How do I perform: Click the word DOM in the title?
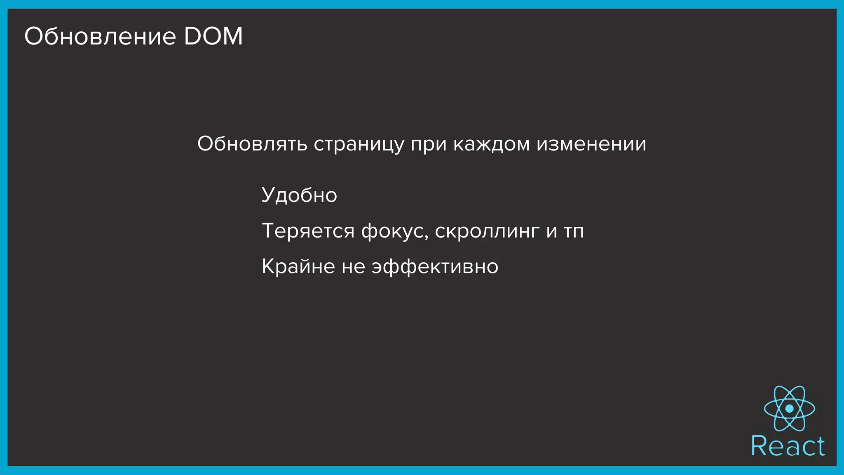click(x=213, y=36)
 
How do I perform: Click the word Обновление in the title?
click(x=100, y=36)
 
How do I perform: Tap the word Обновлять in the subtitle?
click(x=252, y=144)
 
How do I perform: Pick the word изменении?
click(x=591, y=144)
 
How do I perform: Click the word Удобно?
click(x=299, y=195)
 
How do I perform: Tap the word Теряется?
click(x=308, y=231)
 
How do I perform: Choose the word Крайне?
click(x=298, y=266)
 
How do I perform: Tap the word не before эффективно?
click(x=354, y=267)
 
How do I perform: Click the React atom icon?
click(x=789, y=408)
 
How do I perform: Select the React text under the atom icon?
click(x=788, y=446)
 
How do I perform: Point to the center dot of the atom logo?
click(x=789, y=409)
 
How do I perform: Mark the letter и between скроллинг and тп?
click(x=552, y=231)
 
